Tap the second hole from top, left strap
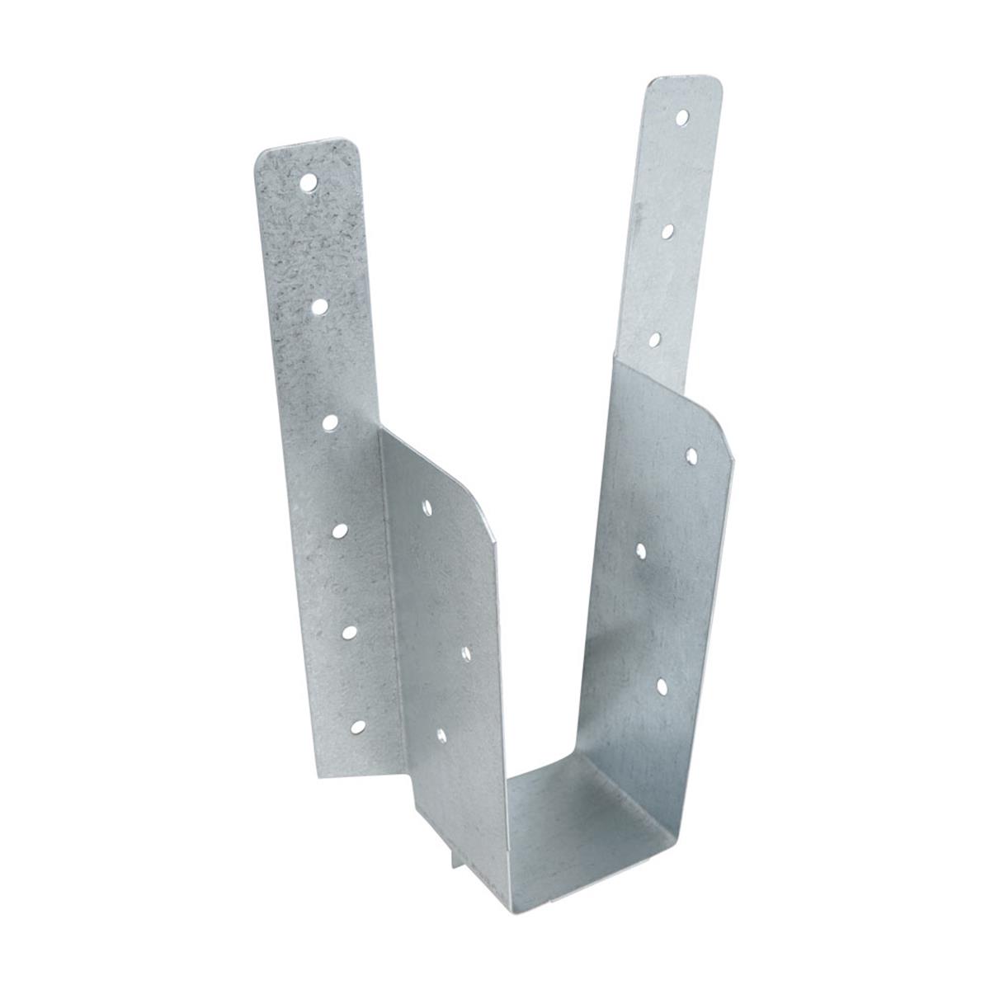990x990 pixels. tap(320, 306)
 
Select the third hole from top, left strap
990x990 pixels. tap(331, 422)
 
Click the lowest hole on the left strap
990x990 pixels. tap(358, 726)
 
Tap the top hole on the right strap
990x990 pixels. tap(682, 118)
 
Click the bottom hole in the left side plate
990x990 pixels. tap(442, 733)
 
